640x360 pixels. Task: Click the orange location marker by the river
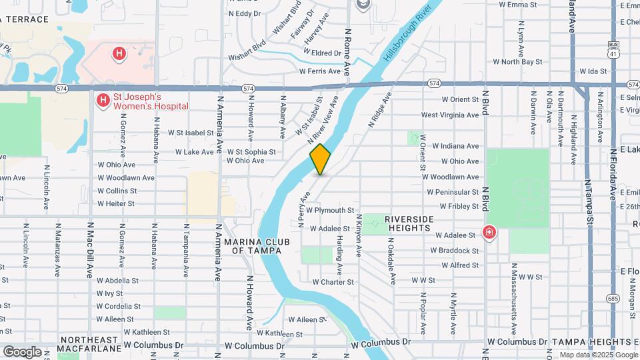click(x=320, y=159)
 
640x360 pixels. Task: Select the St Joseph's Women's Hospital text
click(x=150, y=101)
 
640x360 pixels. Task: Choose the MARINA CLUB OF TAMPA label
click(x=253, y=246)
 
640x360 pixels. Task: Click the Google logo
click(x=22, y=351)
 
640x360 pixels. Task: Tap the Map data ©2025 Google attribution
click(x=598, y=355)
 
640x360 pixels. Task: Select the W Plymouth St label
click(x=330, y=210)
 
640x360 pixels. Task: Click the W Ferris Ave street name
click(x=320, y=71)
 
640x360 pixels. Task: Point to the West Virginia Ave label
click(x=449, y=115)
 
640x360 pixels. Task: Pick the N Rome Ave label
click(x=347, y=51)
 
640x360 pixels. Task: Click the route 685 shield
click(x=613, y=299)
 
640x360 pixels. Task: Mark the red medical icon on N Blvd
click(x=489, y=233)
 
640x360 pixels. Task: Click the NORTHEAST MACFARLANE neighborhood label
click(x=89, y=343)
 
